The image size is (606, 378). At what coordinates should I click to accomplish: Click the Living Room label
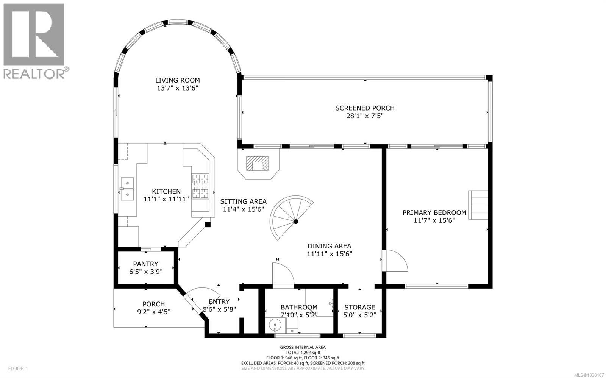pyautogui.click(x=177, y=80)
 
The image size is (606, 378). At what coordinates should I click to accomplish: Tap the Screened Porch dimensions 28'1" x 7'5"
pyautogui.click(x=364, y=116)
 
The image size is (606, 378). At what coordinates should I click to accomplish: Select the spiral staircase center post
pyautogui.click(x=296, y=222)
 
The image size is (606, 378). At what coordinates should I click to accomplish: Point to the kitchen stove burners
pyautogui.click(x=200, y=186)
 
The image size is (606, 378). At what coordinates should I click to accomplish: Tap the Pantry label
pyautogui.click(x=145, y=264)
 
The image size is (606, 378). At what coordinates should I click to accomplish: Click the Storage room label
pyautogui.click(x=359, y=307)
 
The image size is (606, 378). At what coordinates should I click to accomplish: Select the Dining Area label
pyautogui.click(x=329, y=246)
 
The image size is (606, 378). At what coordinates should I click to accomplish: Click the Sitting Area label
pyautogui.click(x=243, y=201)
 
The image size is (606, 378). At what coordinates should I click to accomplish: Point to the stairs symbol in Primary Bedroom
pyautogui.click(x=479, y=205)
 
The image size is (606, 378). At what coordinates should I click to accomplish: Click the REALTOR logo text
pyautogui.click(x=34, y=73)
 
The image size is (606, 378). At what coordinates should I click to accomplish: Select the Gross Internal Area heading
pyautogui.click(x=303, y=347)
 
